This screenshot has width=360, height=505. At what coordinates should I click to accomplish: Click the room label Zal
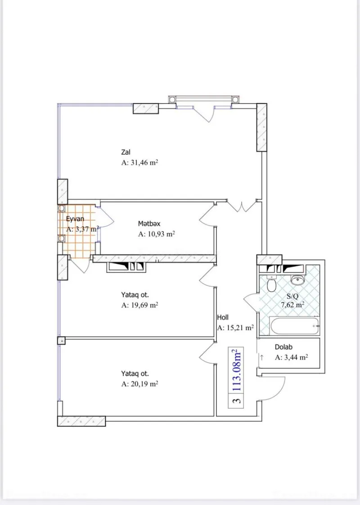pos(126,152)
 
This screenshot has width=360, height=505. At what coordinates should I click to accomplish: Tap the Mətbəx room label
pos(149,223)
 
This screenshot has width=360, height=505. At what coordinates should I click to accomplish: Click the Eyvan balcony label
pos(76,219)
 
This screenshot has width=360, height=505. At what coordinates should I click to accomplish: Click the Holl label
pos(223,317)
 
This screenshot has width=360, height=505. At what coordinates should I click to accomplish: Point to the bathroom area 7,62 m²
pos(292,305)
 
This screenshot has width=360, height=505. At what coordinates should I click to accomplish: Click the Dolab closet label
pos(284,347)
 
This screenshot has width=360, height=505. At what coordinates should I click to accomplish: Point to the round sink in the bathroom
pos(297,280)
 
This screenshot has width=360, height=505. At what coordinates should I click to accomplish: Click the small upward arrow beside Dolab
pos(261,358)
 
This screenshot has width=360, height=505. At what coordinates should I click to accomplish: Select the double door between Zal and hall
pos(242,206)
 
